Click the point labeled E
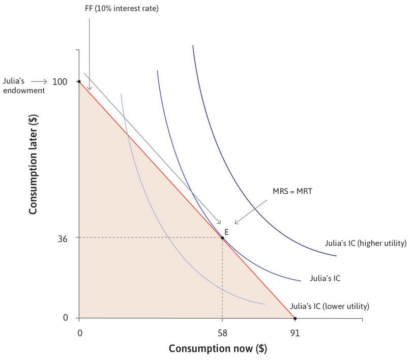(222, 237)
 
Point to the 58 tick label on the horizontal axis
(222, 333)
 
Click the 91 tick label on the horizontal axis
(295, 333)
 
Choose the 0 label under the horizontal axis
(80, 333)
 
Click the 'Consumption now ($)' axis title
(218, 349)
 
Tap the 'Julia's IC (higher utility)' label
(366, 243)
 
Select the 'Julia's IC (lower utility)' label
(329, 307)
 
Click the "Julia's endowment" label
(16, 85)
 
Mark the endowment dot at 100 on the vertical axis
(79, 81)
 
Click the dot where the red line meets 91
(295, 318)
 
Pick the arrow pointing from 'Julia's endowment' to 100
(41, 81)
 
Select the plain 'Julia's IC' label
(325, 279)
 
